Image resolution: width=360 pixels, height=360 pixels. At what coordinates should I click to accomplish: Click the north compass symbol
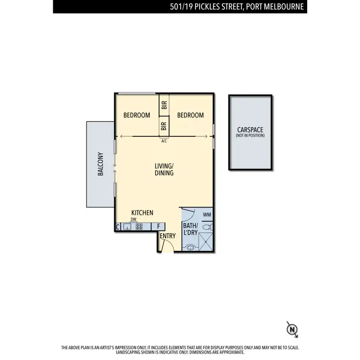[292, 329]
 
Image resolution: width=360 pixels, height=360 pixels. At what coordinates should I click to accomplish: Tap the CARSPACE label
[250, 130]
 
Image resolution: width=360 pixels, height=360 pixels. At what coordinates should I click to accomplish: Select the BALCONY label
[101, 164]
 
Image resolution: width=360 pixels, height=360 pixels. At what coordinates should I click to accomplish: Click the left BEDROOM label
[137, 115]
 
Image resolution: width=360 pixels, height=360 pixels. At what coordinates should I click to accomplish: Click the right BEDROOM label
[191, 115]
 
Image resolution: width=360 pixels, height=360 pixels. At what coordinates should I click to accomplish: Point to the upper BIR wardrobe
[164, 105]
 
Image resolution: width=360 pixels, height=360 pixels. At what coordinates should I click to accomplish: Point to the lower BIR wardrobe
[164, 126]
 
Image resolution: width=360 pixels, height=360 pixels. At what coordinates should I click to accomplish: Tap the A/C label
[164, 141]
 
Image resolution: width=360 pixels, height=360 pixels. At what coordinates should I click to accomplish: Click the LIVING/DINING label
[164, 169]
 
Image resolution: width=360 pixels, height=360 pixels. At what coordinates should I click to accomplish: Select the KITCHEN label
[143, 213]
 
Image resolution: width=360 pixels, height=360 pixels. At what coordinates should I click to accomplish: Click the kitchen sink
[127, 227]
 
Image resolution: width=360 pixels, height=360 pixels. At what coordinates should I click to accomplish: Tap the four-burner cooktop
[139, 227]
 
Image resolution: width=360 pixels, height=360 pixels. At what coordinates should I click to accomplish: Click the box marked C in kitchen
[118, 227]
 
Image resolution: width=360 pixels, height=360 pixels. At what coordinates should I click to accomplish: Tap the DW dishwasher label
[133, 219]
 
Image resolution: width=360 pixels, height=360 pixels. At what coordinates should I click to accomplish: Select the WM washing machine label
[207, 215]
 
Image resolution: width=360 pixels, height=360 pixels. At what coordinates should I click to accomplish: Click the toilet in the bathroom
[207, 227]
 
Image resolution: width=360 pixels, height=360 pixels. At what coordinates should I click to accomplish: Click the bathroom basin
[191, 248]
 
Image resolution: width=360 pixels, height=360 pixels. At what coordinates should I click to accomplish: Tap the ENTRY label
[168, 236]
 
